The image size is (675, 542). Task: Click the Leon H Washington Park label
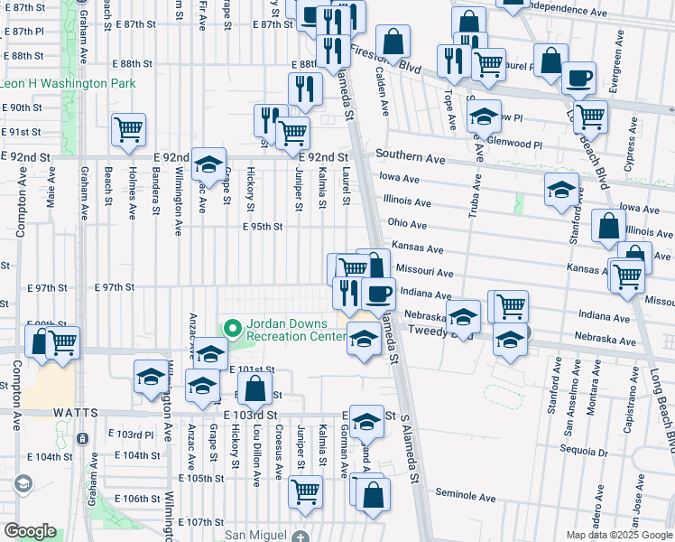click(x=68, y=84)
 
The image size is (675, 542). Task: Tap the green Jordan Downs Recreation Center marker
click(x=232, y=326)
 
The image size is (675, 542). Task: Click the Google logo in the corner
click(x=30, y=531)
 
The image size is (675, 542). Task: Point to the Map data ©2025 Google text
click(x=618, y=535)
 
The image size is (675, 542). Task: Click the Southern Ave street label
click(x=411, y=158)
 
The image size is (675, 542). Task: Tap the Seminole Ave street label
click(x=466, y=497)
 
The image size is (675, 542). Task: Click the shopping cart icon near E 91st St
click(x=128, y=129)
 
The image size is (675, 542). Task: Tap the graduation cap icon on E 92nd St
click(x=208, y=164)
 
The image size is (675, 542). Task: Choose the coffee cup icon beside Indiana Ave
click(x=379, y=293)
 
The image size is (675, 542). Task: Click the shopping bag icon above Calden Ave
click(x=393, y=41)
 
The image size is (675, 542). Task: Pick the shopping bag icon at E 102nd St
click(x=255, y=388)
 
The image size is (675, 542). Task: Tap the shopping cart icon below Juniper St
click(x=306, y=491)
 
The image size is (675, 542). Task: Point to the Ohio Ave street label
click(x=406, y=223)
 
